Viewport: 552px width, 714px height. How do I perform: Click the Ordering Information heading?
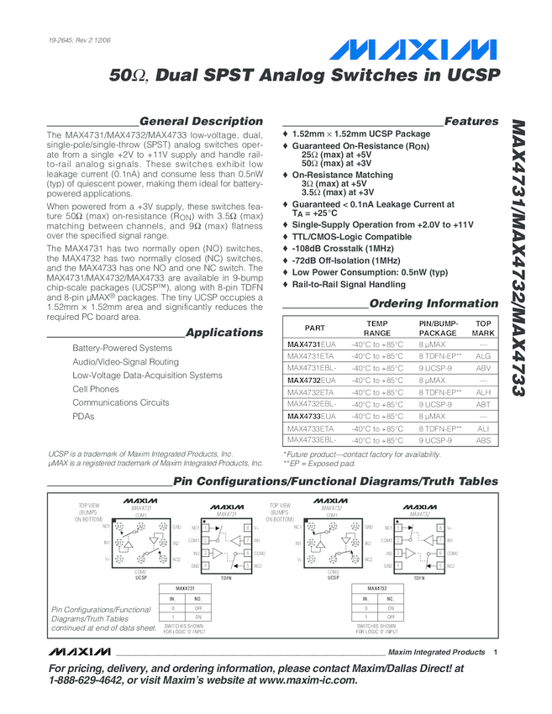pyautogui.click(x=434, y=303)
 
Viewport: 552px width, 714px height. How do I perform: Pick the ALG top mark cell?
pyautogui.click(x=482, y=357)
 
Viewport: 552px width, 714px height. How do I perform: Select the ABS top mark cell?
pyautogui.click(x=482, y=440)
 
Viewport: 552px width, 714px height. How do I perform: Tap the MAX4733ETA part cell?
pyautogui.click(x=310, y=428)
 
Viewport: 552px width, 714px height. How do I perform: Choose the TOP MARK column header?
pyautogui.click(x=483, y=328)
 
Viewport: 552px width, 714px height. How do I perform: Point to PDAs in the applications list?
pyautogui.click(x=83, y=416)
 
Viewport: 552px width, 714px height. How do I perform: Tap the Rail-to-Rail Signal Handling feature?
pyautogui.click(x=360, y=284)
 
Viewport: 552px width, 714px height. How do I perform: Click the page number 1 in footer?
pyautogui.click(x=496, y=653)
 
